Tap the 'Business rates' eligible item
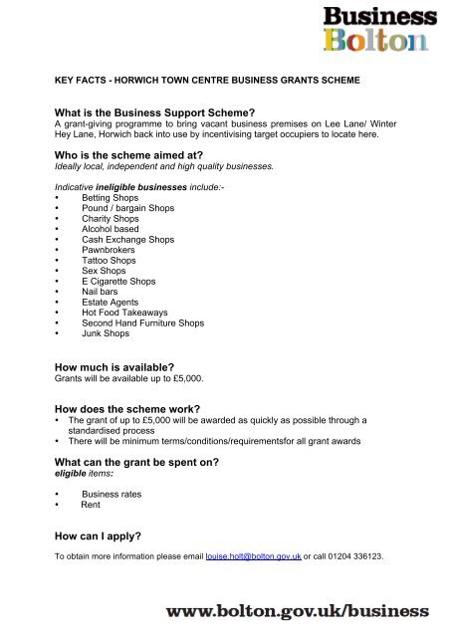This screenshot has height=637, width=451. pos(113,494)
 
